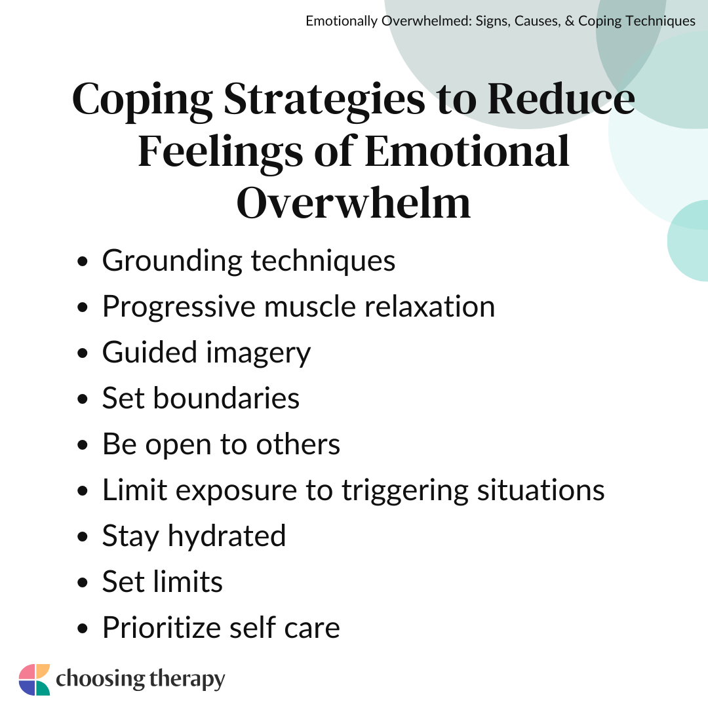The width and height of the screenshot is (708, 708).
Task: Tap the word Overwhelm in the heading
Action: [x=353, y=203]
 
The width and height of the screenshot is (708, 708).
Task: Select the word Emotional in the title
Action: [x=467, y=151]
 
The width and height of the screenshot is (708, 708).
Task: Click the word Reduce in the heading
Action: [x=561, y=99]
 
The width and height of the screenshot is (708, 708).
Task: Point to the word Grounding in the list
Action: [x=172, y=262]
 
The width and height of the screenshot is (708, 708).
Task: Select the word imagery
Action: [x=258, y=353]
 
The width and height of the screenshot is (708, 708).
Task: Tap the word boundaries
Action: [x=226, y=399]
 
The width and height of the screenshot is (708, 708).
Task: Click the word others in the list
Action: [x=298, y=444]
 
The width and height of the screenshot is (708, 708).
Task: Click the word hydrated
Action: [x=227, y=536]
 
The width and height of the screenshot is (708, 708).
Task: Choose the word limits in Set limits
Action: [x=188, y=581]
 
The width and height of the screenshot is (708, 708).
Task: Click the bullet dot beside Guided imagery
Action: [x=82, y=353]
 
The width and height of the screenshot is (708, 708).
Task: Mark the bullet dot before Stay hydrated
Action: [x=82, y=537]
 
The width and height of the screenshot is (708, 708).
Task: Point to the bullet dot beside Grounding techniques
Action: [x=82, y=262]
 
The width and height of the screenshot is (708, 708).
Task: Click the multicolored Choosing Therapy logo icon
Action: [x=34, y=680]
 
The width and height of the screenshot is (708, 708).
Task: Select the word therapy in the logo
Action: [x=186, y=680]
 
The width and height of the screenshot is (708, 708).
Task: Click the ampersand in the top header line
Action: [x=570, y=21]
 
